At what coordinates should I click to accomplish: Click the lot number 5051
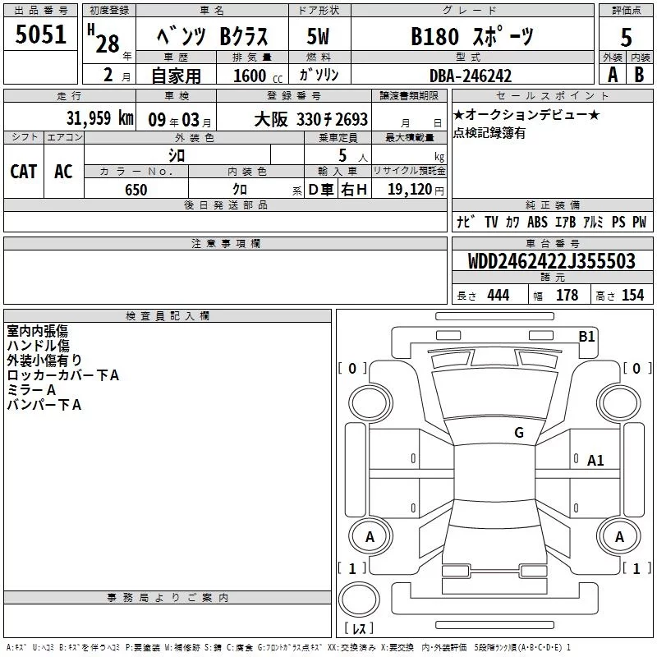pos(40,34)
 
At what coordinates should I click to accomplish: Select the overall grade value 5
pos(626,37)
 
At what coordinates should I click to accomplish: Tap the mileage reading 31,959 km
pos(100,118)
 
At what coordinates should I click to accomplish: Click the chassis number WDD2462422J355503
pos(551,261)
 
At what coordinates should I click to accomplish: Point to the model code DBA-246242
pos(471,76)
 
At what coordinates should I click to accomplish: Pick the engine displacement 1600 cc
pos(258,76)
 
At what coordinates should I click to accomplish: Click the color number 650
pos(136,190)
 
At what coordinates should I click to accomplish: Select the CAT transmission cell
pos(24,172)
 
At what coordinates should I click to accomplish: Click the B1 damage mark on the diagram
pos(586,337)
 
